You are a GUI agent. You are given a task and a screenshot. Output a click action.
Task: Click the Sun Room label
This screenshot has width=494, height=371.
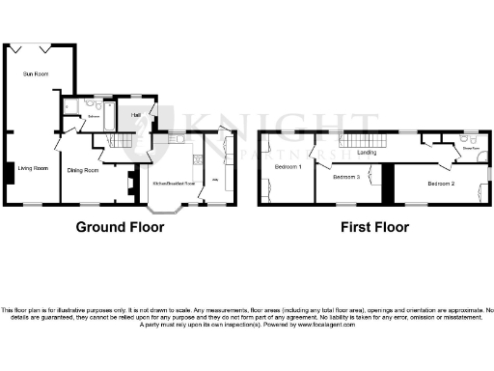[x=35, y=72]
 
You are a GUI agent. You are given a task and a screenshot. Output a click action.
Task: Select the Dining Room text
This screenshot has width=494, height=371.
[x=83, y=170]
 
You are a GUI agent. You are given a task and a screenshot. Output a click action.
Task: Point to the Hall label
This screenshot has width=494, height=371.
[x=136, y=115]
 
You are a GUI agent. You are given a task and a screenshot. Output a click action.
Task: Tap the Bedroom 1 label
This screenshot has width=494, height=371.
[x=288, y=167]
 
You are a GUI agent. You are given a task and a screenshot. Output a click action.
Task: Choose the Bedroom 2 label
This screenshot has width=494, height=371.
[x=441, y=183]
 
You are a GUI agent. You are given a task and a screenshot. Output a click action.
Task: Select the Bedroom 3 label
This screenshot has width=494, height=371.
[x=345, y=178]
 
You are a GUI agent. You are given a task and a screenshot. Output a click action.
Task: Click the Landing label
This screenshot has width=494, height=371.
[x=367, y=152]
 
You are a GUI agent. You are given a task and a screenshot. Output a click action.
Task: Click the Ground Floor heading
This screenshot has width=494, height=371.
[x=121, y=228]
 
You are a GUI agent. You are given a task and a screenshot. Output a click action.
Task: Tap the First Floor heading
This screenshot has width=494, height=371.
[x=374, y=228]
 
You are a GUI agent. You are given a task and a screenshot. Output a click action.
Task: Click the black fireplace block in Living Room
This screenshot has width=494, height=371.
[x=8, y=173]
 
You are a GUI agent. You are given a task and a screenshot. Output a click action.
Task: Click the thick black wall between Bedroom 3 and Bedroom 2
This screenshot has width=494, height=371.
[x=388, y=184]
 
